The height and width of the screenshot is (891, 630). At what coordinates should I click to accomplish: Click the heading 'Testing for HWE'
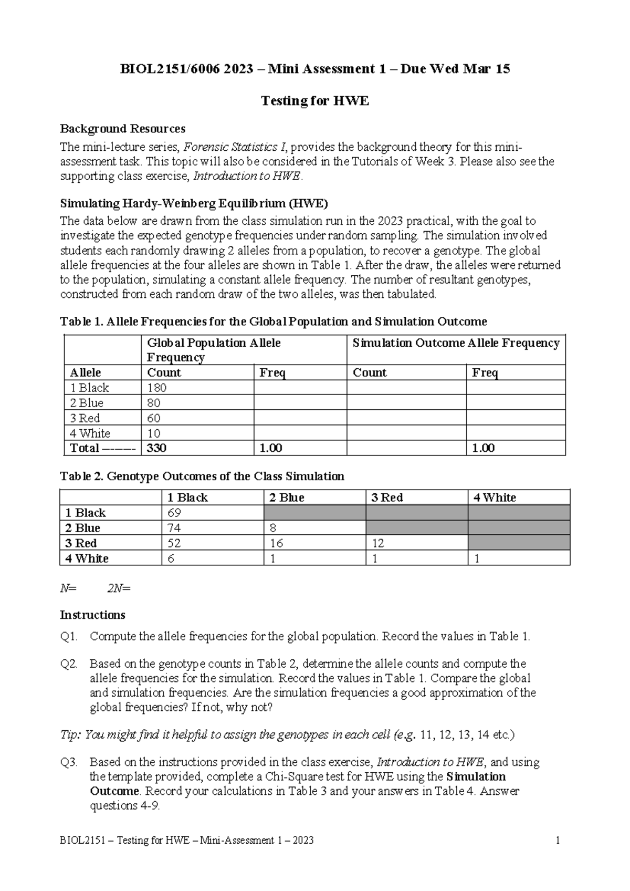point(315,101)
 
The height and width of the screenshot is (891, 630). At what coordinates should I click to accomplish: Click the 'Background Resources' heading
point(122,129)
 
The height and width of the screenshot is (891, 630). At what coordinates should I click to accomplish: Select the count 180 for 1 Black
point(157,388)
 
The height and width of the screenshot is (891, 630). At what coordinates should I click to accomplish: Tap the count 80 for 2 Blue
point(154,403)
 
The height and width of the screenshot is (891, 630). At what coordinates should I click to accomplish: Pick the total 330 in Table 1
point(157,448)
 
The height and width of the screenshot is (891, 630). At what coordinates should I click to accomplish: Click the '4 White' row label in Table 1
point(90,433)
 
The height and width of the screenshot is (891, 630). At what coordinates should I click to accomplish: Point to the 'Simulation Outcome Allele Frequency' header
point(456,343)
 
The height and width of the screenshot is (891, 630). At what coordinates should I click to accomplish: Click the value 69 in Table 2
point(174,513)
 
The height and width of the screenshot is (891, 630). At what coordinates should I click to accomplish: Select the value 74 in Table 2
point(174,528)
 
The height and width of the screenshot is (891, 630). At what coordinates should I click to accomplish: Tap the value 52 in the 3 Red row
point(174,543)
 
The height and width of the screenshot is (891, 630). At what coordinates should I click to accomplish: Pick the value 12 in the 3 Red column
point(377,543)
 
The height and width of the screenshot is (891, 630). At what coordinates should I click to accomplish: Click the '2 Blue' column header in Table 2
point(287,498)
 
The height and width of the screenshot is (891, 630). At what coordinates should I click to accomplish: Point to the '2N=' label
point(119,588)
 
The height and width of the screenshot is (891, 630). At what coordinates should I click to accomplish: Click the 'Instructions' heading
point(92,615)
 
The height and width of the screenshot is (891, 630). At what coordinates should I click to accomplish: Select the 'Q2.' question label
point(69,664)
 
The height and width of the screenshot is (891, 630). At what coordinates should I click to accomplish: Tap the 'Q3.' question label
point(69,762)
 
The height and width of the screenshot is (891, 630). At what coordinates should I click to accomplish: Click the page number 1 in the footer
point(558,841)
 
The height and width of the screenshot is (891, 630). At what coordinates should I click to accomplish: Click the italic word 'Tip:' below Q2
point(71,734)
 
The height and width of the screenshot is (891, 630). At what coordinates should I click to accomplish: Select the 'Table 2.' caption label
point(82,476)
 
